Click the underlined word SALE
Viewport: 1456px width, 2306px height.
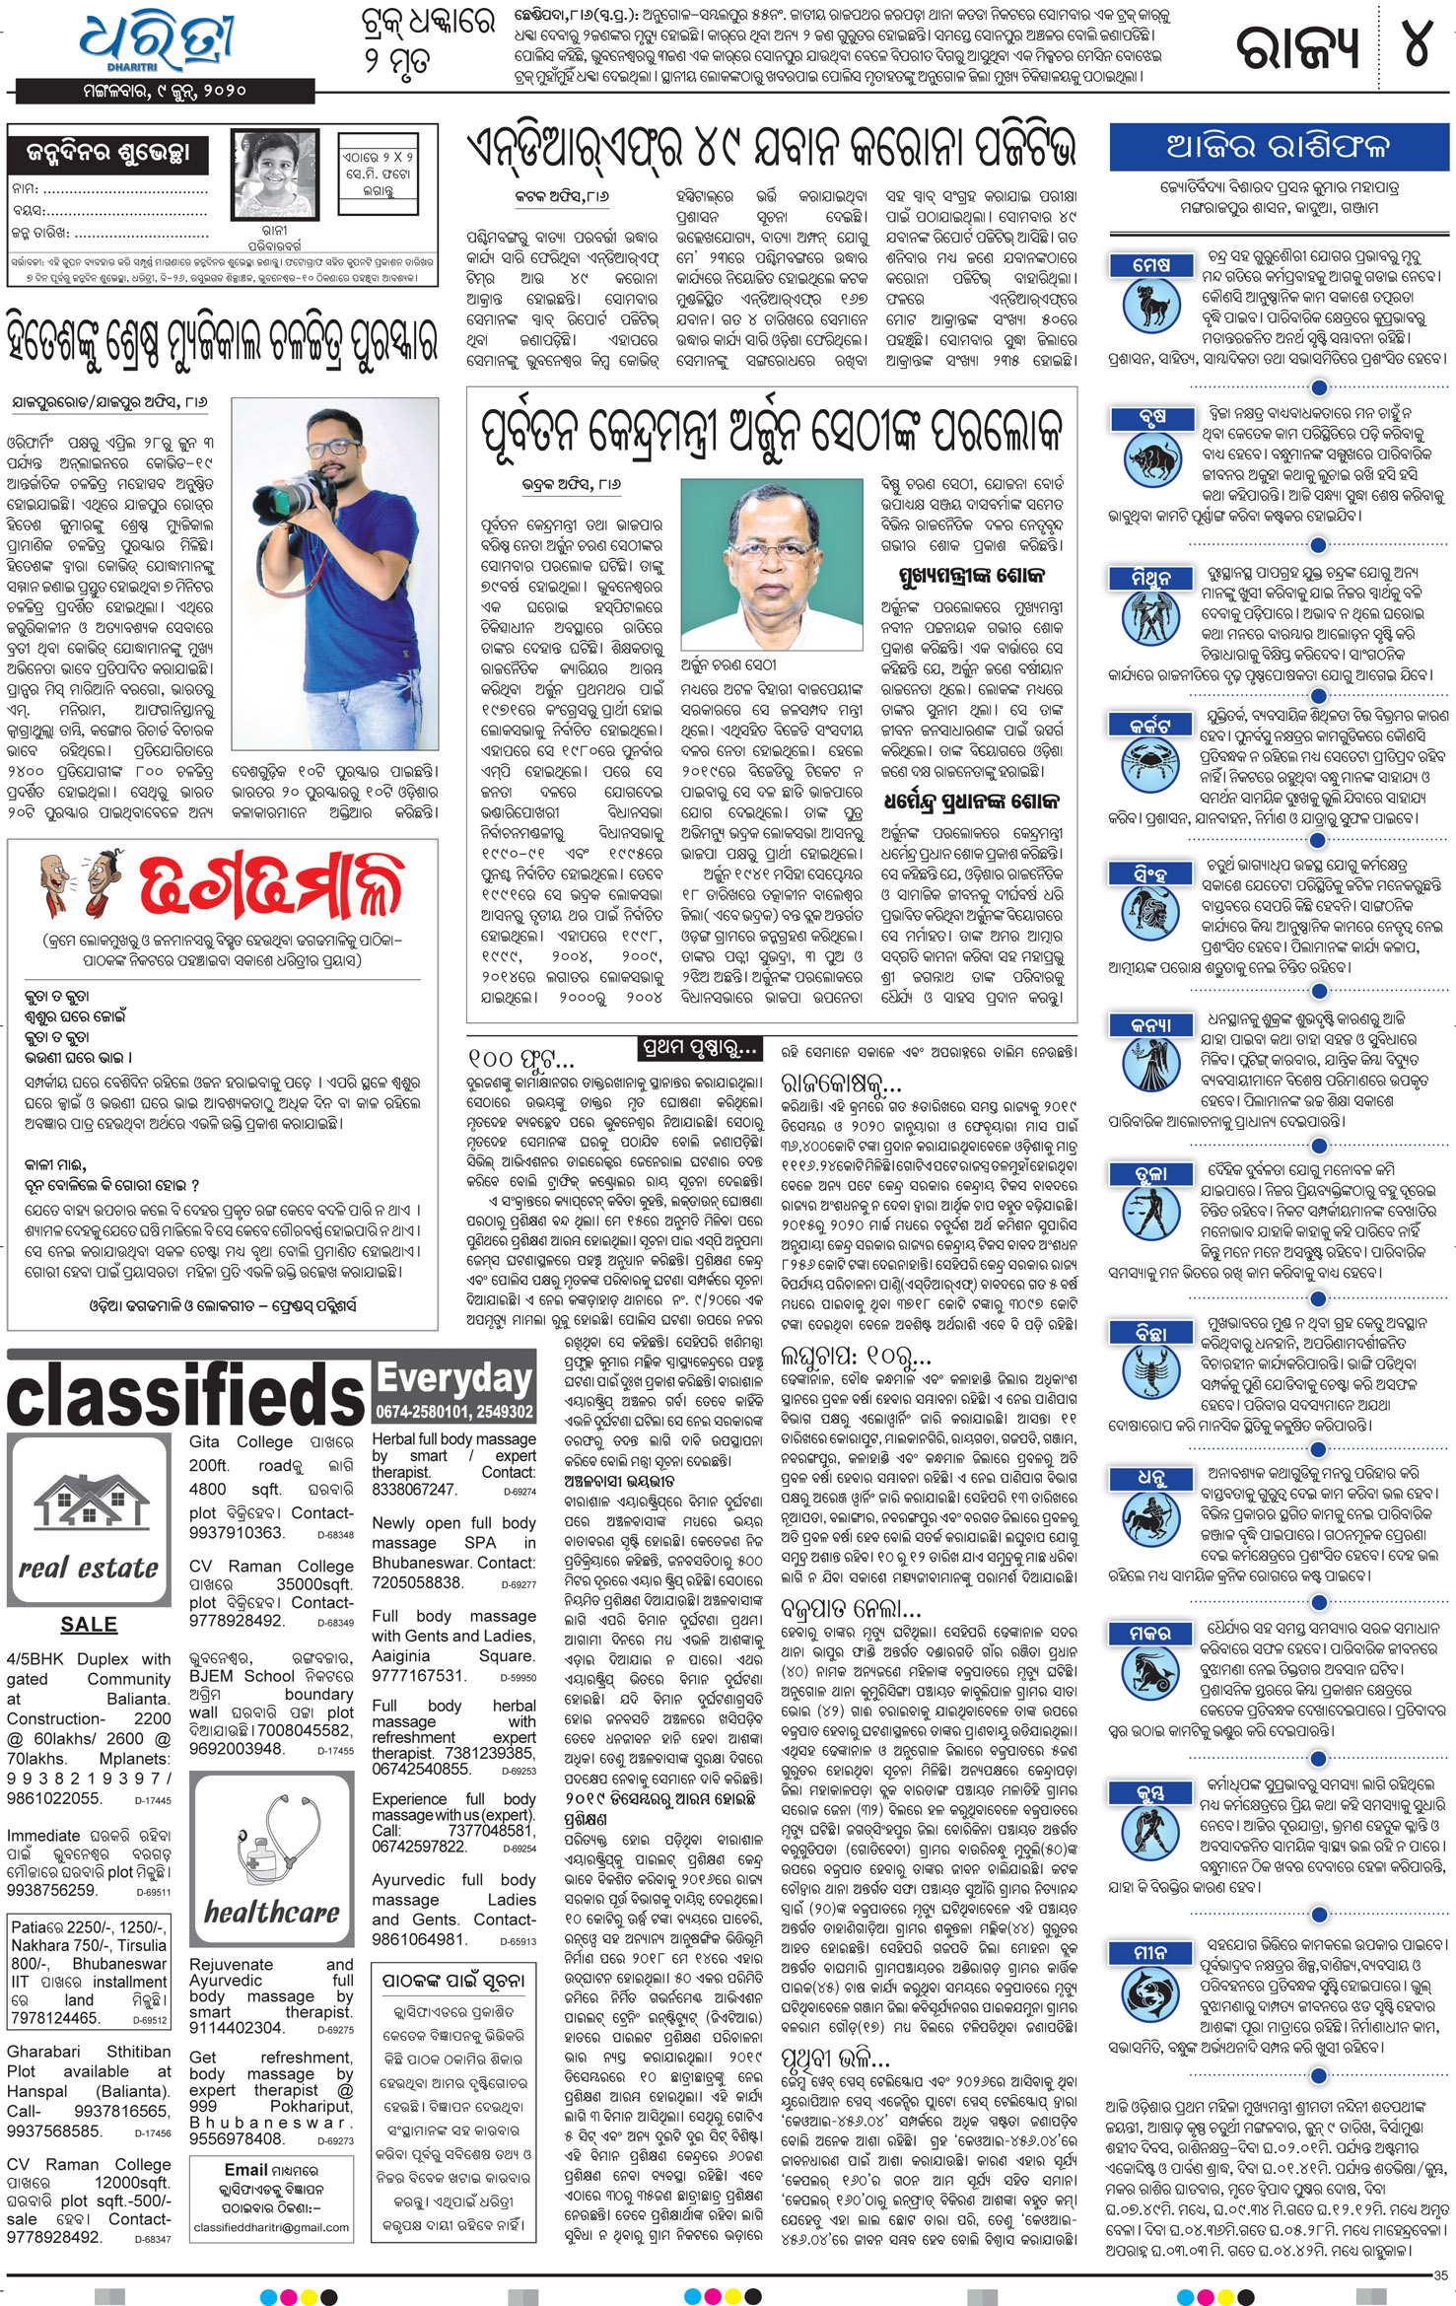coord(89,1624)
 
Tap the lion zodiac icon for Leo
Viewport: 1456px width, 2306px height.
coord(1150,918)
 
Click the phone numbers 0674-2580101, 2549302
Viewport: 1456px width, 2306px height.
coord(454,1412)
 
